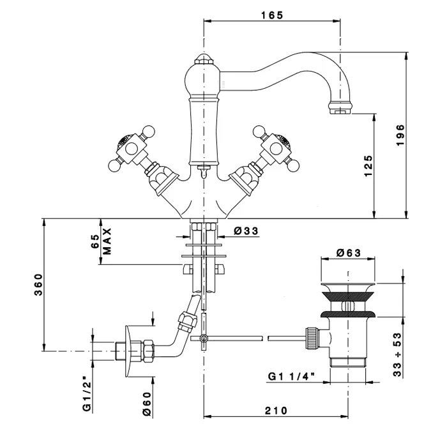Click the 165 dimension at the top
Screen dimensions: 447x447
[272, 15]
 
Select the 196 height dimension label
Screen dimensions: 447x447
[400, 135]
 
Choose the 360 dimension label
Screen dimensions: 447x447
[38, 285]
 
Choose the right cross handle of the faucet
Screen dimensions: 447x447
[273, 148]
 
